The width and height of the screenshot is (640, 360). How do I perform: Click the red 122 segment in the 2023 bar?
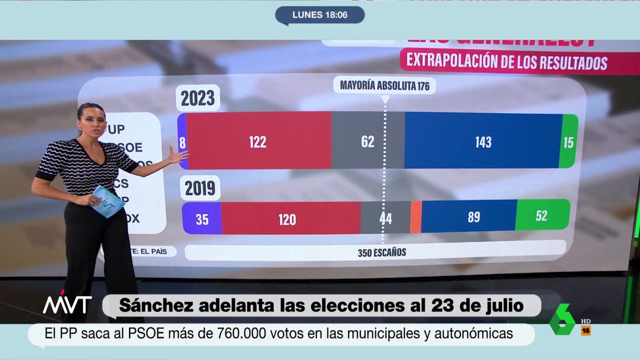(258, 142)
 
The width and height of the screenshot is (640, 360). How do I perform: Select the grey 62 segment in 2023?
(368, 142)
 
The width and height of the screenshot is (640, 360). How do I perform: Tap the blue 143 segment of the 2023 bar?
(483, 142)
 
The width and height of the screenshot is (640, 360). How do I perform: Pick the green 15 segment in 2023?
(569, 142)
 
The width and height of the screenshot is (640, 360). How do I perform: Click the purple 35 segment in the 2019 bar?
(202, 219)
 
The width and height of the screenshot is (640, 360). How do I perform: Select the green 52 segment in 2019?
(542, 216)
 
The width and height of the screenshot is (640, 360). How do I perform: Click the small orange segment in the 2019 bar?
(416, 217)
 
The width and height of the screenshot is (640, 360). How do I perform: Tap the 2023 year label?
(198, 99)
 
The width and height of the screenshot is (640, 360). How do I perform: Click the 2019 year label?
(200, 188)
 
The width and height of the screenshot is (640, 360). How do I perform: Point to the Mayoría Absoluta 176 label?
(385, 85)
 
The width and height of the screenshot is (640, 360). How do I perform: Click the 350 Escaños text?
(382, 252)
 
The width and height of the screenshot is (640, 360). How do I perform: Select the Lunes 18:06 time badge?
(319, 15)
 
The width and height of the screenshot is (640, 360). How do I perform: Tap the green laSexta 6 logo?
(563, 320)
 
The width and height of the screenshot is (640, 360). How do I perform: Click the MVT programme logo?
(67, 304)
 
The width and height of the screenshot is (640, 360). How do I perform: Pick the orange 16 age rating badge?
(586, 331)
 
